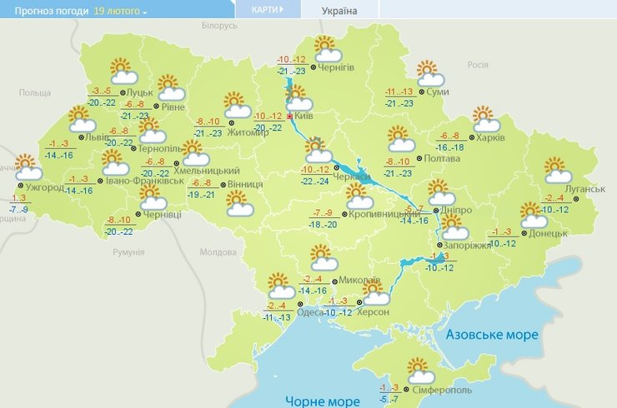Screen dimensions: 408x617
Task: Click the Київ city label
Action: pyautogui.click(x=304, y=117)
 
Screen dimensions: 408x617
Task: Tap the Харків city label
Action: pyautogui.click(x=491, y=137)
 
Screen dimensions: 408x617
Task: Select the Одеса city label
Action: pyautogui.click(x=310, y=311)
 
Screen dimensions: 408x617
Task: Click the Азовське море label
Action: pyautogui.click(x=492, y=335)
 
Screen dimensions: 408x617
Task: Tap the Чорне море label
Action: pyautogui.click(x=323, y=401)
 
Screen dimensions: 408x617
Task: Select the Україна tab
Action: pyautogui.click(x=339, y=11)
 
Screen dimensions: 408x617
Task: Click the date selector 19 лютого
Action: pyautogui.click(x=120, y=12)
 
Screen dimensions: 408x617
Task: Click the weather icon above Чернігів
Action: pyautogui.click(x=325, y=48)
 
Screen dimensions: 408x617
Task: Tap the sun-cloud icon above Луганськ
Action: pyautogui.click(x=557, y=170)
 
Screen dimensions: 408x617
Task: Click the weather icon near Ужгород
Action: pyautogui.click(x=28, y=167)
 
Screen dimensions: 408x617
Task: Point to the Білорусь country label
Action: pyautogui.click(x=220, y=27)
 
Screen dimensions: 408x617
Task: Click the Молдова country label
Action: pyautogui.click(x=218, y=251)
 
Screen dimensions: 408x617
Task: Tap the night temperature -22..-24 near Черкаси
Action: pyautogui.click(x=314, y=181)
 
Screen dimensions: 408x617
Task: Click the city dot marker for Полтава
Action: pyautogui.click(x=418, y=157)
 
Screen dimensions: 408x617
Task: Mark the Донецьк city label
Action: pyautogui.click(x=548, y=232)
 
